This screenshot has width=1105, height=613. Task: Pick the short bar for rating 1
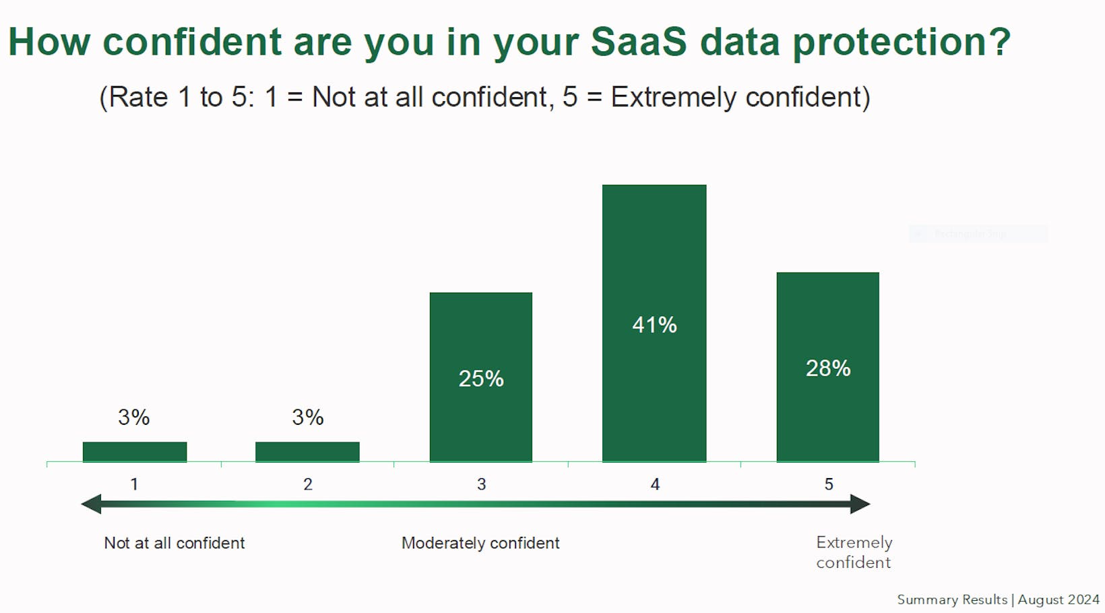point(135,452)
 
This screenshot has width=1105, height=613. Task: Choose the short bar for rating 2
point(307,452)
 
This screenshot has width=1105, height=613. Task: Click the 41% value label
point(654,325)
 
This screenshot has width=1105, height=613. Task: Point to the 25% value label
point(481,379)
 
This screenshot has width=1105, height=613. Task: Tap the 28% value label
point(828,368)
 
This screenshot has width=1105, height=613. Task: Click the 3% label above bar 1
point(134,417)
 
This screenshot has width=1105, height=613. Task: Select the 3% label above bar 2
point(308,417)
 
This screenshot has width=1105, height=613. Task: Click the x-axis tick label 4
point(655,484)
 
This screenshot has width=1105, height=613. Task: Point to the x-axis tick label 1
point(134,484)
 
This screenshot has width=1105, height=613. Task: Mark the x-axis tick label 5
point(829,484)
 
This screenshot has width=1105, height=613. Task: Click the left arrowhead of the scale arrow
point(92,504)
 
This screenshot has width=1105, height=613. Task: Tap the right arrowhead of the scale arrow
point(860,504)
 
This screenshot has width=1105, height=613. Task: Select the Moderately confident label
point(480,543)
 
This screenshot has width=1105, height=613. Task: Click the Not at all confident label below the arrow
point(175,543)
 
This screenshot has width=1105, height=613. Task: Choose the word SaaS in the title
point(638,42)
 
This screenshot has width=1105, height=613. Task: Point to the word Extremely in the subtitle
point(674,97)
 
